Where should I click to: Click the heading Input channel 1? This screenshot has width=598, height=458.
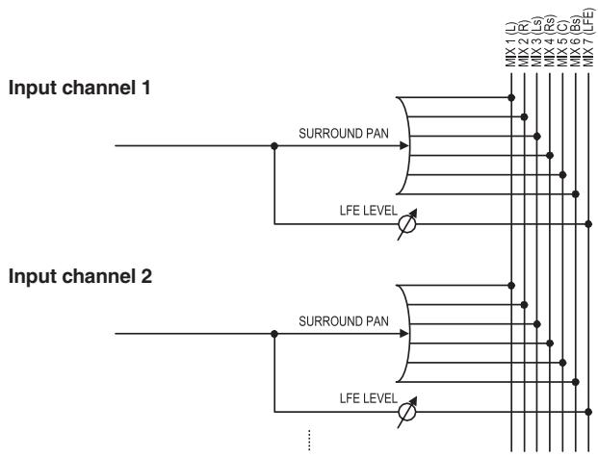[79, 88]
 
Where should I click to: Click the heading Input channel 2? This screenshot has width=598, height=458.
[80, 276]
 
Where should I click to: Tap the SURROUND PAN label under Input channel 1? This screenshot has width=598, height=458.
[344, 134]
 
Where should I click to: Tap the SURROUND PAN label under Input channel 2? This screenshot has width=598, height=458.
[344, 321]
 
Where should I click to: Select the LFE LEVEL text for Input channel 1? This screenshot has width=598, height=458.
[369, 211]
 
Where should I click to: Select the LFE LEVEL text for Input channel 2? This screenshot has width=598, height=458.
[369, 398]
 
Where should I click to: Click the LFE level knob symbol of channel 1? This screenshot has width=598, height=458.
[407, 224]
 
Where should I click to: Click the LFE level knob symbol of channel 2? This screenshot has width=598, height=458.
[407, 412]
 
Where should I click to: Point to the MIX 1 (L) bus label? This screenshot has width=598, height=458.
[510, 44]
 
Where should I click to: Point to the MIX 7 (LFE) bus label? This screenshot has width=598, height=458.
[588, 37]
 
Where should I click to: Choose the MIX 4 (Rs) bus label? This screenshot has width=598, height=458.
[550, 41]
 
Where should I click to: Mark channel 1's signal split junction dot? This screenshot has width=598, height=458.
[274, 145]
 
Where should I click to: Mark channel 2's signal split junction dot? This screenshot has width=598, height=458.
[274, 334]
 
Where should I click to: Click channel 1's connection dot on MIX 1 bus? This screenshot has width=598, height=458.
[511, 97]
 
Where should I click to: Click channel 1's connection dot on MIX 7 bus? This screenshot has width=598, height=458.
[588, 224]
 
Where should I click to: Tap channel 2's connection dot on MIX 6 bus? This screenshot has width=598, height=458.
[576, 382]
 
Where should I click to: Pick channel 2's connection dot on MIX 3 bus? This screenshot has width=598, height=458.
[537, 324]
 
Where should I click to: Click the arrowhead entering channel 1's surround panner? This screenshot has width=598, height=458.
[404, 145]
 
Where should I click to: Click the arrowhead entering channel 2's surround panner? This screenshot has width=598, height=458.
[404, 334]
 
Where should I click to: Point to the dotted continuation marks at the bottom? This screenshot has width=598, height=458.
[309, 441]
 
